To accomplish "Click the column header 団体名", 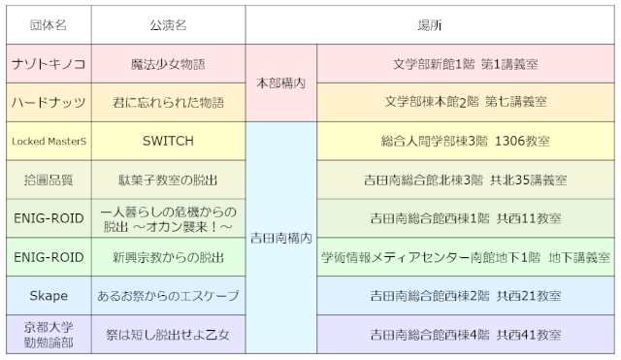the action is point(48,22).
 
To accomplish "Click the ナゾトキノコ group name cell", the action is point(48,63).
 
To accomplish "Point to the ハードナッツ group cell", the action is point(48,101).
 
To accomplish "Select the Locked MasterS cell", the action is point(48,141).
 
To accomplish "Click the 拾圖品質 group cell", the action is point(48,180).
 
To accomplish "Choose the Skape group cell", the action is point(48,295).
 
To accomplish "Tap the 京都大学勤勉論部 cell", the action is point(48,334).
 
